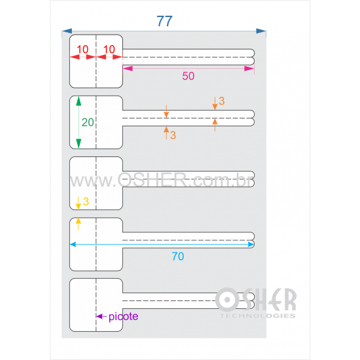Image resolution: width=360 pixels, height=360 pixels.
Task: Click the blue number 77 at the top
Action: tap(164, 21)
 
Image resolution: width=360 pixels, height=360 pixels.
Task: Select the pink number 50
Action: tap(189, 76)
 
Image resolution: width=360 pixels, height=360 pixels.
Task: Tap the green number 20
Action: tap(88, 122)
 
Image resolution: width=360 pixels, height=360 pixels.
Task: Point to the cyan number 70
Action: tap(178, 256)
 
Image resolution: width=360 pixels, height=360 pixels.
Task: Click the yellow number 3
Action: tap(86, 202)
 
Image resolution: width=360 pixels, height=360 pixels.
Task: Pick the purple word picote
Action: tap(123, 317)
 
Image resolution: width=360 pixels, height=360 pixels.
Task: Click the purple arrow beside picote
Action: tap(101, 316)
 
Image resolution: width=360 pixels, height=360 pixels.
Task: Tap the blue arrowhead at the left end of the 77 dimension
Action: tap(67, 31)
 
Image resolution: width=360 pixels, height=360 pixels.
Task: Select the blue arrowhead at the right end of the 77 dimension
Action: tap(261, 31)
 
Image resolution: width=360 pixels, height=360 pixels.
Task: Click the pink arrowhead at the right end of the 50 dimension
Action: tap(249, 69)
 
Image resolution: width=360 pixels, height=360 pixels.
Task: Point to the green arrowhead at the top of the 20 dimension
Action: tap(79, 101)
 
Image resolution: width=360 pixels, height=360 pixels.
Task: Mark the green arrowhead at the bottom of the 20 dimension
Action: tap(79, 144)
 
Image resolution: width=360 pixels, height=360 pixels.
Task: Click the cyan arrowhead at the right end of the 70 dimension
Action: tap(251, 244)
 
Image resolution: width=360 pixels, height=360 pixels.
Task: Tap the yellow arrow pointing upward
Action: tap(79, 224)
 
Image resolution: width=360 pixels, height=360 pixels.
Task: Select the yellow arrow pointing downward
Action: tap(79, 203)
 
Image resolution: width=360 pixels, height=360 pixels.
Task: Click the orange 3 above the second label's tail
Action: tap(221, 101)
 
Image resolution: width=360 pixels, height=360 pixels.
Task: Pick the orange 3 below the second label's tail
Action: tap(173, 135)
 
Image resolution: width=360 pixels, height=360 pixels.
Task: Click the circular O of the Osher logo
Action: tap(227, 300)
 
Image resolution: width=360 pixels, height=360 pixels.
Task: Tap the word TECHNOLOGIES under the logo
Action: tap(258, 316)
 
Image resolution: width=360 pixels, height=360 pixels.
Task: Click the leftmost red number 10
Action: tap(82, 49)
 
